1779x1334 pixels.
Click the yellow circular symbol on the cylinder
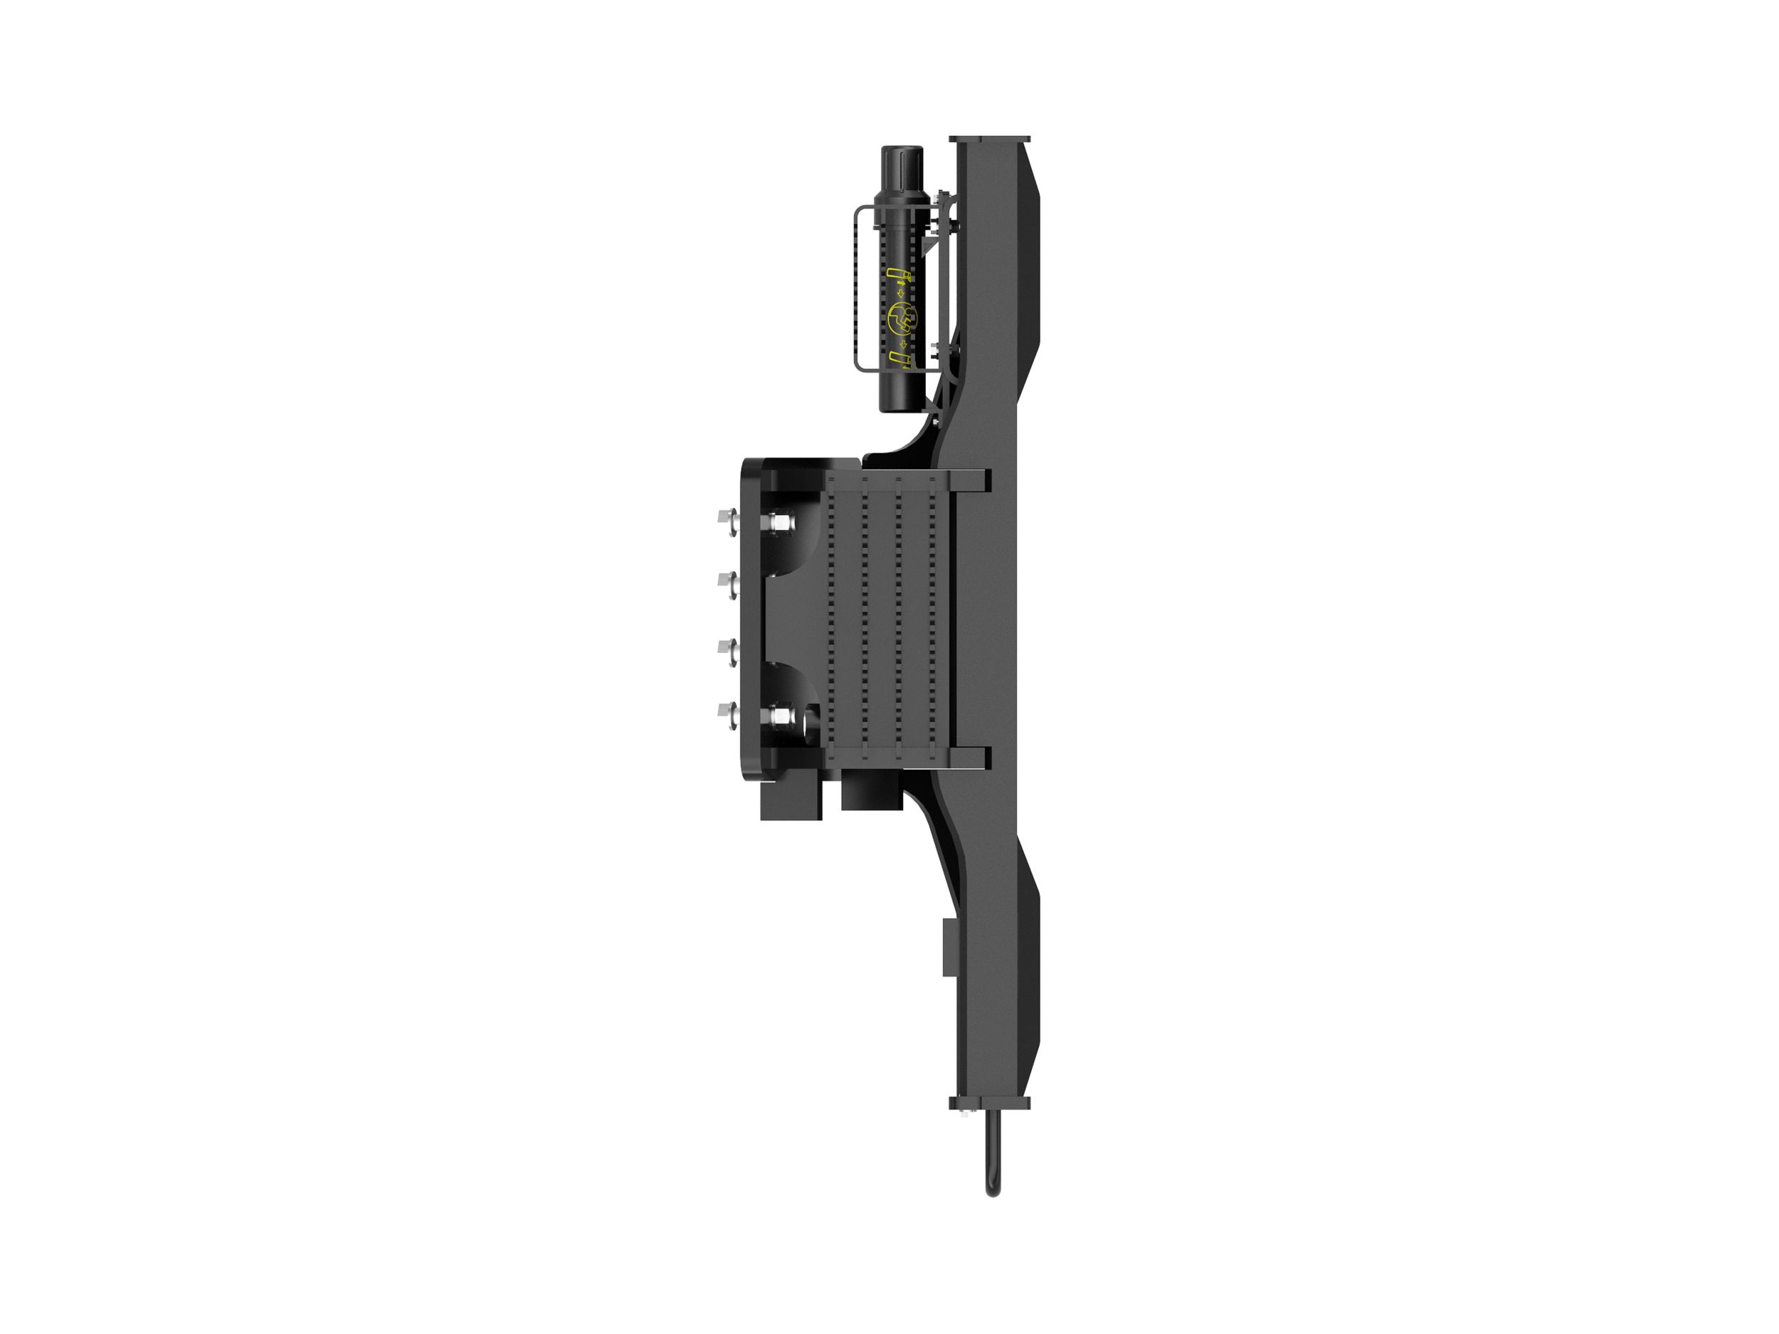(x=901, y=319)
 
